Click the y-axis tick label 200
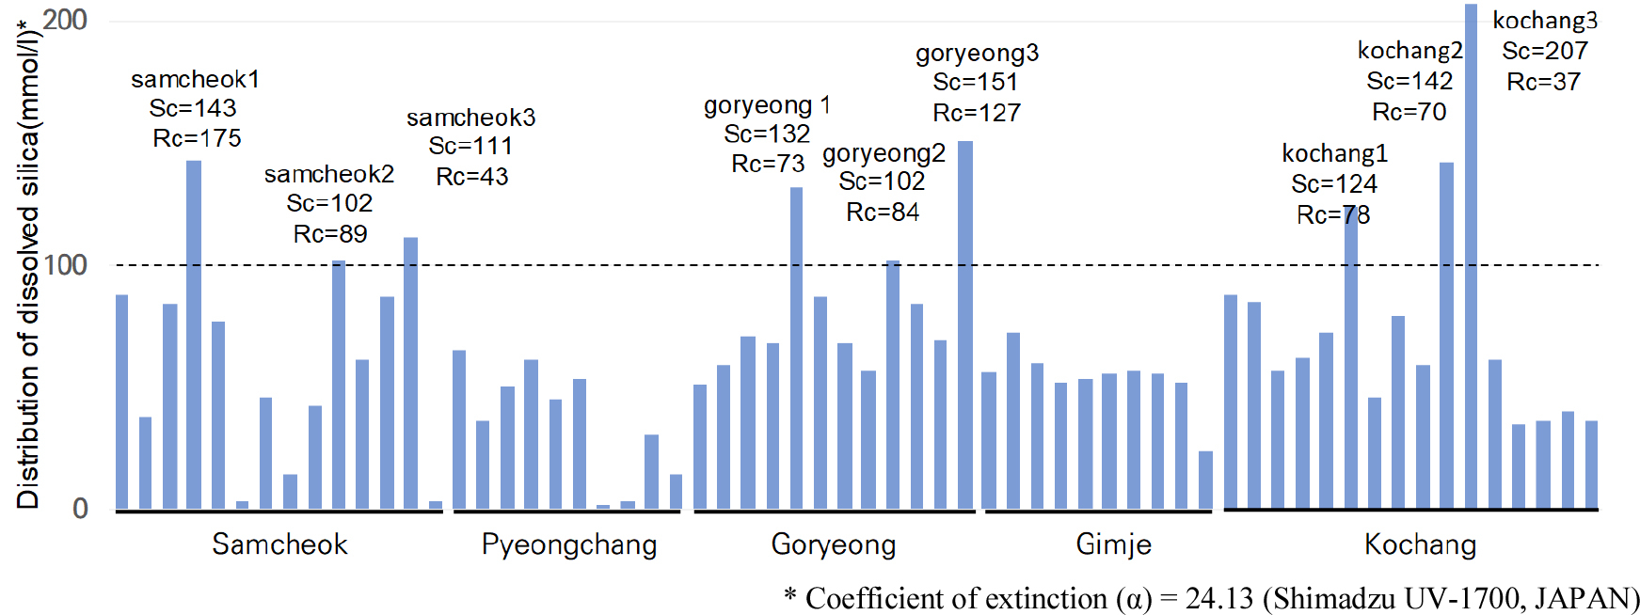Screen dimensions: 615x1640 [65, 20]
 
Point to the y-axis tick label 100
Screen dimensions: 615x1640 [65, 265]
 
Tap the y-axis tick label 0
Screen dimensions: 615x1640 [80, 509]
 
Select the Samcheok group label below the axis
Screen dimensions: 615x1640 [279, 544]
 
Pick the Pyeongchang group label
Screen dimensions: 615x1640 [569, 544]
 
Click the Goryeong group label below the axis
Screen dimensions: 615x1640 [834, 544]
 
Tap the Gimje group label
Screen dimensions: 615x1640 [1114, 544]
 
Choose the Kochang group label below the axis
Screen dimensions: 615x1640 [1421, 544]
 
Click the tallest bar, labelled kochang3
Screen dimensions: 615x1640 [1471, 263]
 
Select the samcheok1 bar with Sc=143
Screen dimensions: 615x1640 [194, 339]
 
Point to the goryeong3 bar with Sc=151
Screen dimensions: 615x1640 [965, 329]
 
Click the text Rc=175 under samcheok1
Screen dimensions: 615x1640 [198, 138]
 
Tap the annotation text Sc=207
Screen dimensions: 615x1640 [1545, 51]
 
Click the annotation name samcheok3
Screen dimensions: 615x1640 [471, 118]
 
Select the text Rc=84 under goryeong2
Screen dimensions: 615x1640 [883, 213]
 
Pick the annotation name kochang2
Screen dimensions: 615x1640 [1409, 50]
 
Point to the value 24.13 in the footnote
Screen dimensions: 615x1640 [1219, 598]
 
